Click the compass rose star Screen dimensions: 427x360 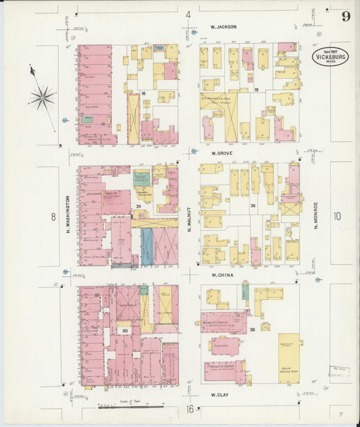click(x=42, y=97)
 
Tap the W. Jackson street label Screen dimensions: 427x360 click(x=223, y=27)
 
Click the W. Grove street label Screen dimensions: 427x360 click(x=222, y=153)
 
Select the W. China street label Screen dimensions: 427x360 click(x=222, y=275)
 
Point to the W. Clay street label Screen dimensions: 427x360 click(x=222, y=394)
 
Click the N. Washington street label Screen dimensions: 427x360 click(x=68, y=215)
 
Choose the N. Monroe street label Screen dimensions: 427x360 click(x=315, y=215)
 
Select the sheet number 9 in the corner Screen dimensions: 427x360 click(x=345, y=16)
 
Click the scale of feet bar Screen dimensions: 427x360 click(x=132, y=406)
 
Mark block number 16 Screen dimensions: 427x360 click(x=143, y=93)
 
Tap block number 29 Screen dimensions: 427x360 click(x=138, y=205)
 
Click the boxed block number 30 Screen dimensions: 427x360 click(x=125, y=331)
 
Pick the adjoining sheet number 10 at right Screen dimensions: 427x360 click(x=337, y=216)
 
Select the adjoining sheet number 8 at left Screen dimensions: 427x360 click(x=53, y=216)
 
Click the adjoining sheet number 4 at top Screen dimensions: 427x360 click(x=188, y=14)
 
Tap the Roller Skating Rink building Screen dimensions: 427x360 click(x=288, y=358)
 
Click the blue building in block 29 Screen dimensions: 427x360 click(x=147, y=246)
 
